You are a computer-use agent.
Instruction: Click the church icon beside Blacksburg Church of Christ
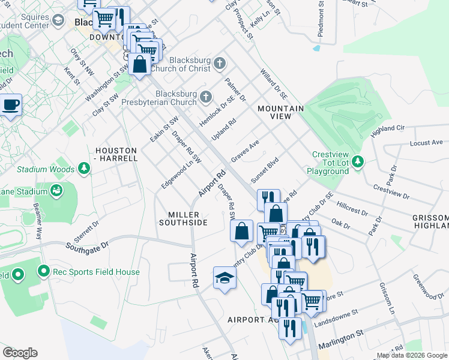pyautogui.click(x=220, y=63)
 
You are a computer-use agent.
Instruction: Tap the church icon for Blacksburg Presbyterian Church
pyautogui.click(x=206, y=97)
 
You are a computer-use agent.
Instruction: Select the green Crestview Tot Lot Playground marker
pyautogui.click(x=358, y=161)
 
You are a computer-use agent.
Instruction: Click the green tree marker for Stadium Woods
pyautogui.click(x=84, y=169)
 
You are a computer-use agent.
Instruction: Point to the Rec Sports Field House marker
pyautogui.click(x=43, y=272)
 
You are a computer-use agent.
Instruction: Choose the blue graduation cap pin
pyautogui.click(x=224, y=277)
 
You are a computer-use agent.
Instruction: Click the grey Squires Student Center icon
pyautogui.click(x=58, y=21)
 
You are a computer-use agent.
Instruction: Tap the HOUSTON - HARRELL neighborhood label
pyautogui.click(x=116, y=154)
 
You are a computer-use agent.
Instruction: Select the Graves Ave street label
pyautogui.click(x=245, y=151)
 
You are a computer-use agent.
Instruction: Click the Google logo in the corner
pyautogui.click(x=20, y=352)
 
